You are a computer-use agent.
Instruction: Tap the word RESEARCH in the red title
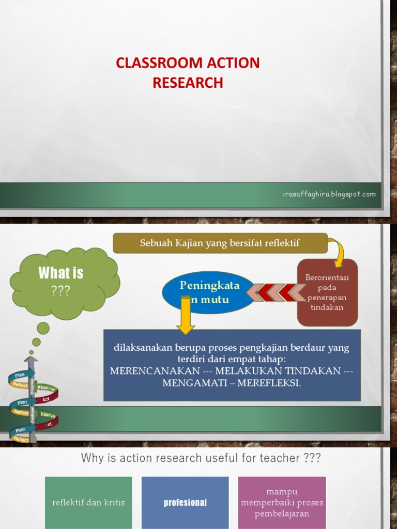pos(188,83)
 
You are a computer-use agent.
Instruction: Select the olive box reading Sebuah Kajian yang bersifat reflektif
pos(220,243)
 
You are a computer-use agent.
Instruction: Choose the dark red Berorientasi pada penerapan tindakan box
pos(327,292)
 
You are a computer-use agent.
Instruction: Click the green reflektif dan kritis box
pos(88,503)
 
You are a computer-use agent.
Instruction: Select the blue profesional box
pos(185,503)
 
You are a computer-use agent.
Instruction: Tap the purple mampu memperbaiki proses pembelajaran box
pos(282,503)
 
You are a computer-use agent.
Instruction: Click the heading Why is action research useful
pos(201,458)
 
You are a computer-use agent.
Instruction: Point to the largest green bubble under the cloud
pos(43,328)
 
